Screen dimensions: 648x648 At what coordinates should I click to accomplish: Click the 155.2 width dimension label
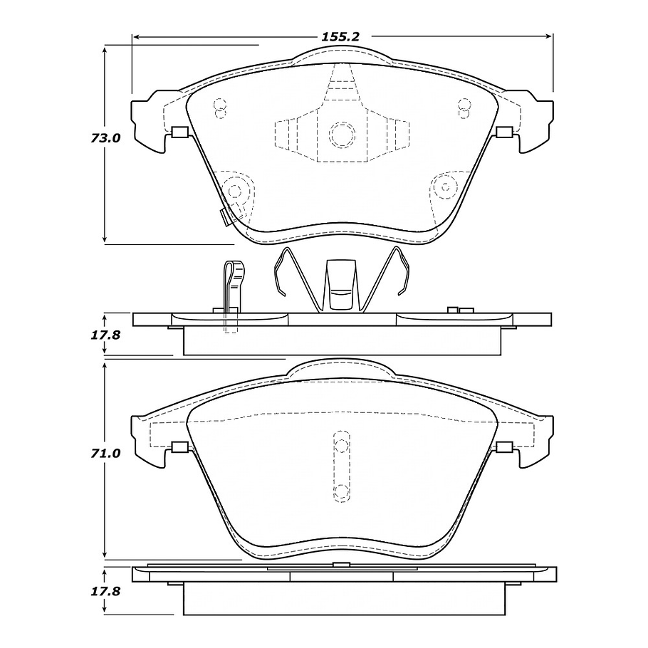click(x=341, y=37)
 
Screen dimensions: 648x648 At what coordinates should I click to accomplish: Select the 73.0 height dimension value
click(x=105, y=138)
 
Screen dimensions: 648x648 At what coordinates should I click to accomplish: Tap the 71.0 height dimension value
click(x=105, y=454)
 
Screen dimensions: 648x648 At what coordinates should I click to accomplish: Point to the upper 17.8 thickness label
click(x=105, y=335)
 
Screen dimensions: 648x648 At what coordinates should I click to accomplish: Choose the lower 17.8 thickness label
click(x=105, y=591)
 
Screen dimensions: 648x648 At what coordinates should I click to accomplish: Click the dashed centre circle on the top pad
click(x=343, y=134)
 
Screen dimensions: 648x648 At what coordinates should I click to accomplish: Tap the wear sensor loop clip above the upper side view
click(x=234, y=285)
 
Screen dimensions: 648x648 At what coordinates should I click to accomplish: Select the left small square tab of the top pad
click(x=179, y=132)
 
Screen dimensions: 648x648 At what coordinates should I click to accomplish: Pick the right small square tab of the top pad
click(x=504, y=132)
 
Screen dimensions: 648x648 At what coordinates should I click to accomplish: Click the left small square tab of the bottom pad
click(x=179, y=447)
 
